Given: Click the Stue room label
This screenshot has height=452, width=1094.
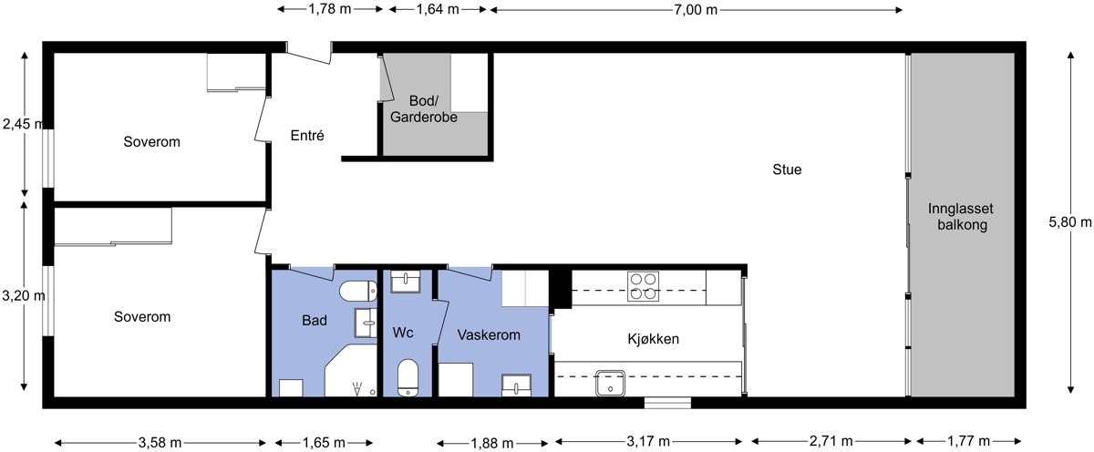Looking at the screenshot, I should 787,169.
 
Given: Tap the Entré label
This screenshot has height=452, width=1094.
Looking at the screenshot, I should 307,135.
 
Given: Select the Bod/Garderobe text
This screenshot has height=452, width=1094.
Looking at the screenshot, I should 423,109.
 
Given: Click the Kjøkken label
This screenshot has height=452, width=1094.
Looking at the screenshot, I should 653,339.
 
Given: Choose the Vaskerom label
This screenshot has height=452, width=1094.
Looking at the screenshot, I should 489,334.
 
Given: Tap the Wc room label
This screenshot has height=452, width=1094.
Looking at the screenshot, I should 403,333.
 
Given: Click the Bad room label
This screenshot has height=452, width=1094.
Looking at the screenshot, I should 315,321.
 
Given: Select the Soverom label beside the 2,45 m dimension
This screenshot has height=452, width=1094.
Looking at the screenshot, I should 151,142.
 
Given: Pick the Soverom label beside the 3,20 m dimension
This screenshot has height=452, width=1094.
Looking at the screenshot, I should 142,317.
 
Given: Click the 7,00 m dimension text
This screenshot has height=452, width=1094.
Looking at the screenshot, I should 696,10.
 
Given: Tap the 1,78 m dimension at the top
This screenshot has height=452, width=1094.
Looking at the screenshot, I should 330,10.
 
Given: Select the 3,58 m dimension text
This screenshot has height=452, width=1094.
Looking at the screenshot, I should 160,443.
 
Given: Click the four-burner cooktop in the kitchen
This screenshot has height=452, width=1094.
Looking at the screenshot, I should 643,286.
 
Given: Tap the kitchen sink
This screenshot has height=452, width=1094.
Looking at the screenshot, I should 610,384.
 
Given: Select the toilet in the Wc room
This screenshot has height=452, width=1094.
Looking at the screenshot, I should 408,375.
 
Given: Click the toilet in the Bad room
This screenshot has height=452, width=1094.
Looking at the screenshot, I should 357,292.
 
